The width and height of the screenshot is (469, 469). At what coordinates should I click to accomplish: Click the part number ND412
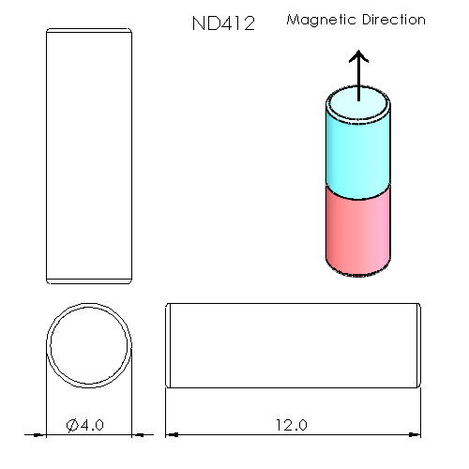222,23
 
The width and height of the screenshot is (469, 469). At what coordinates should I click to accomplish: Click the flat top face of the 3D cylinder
357,104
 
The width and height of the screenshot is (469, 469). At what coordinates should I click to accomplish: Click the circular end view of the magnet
89,343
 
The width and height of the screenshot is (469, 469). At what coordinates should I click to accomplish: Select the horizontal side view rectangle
292,343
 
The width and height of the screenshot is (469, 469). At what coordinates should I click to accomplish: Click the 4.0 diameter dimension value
93,425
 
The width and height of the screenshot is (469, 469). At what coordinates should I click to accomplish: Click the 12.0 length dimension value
291,425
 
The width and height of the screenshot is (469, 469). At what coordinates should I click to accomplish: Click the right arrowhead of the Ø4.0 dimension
138,434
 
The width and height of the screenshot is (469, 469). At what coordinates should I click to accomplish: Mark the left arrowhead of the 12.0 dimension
172,434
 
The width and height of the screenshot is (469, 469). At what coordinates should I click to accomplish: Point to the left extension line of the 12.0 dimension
166,413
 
